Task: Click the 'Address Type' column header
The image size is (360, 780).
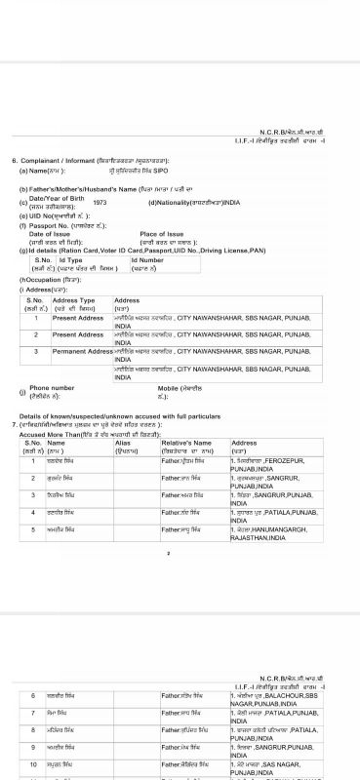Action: (73, 300)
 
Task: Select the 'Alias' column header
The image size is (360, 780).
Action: (124, 442)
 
